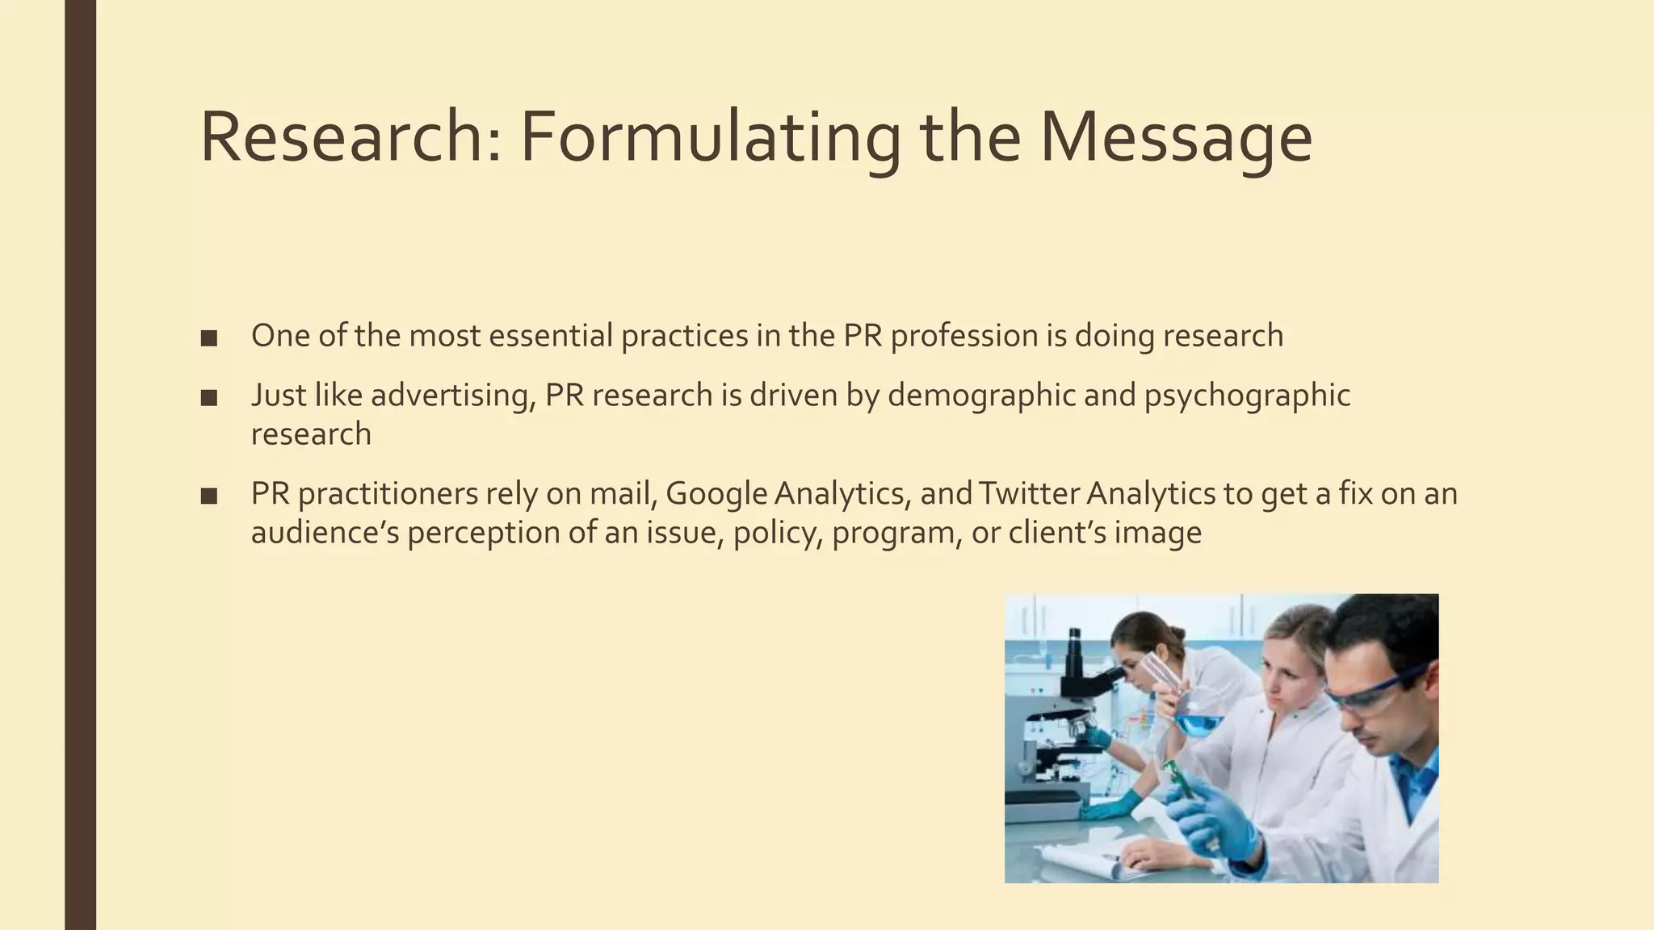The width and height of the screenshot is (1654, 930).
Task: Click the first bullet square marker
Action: pyautogui.click(x=209, y=338)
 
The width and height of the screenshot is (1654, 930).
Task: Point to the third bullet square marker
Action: pyautogui.click(x=209, y=496)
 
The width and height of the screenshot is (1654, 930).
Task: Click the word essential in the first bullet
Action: pyautogui.click(x=550, y=336)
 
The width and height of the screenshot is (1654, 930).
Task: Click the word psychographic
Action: pyautogui.click(x=1247, y=396)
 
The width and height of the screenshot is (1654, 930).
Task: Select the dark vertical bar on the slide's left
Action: pyautogui.click(x=80, y=465)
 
